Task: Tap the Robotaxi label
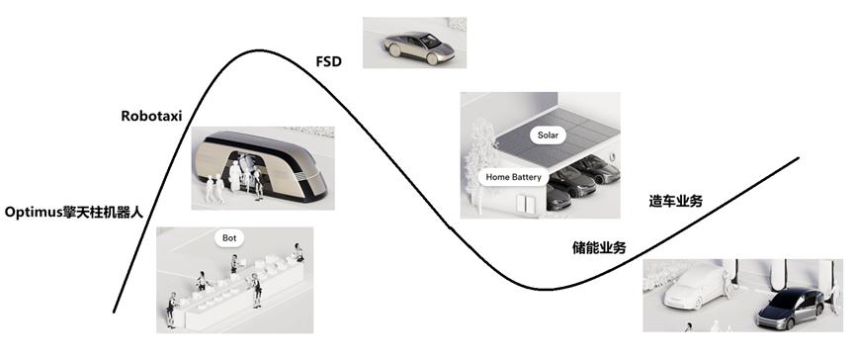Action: (x=154, y=115)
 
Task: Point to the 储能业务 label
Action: (x=599, y=247)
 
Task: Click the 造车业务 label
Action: (x=676, y=201)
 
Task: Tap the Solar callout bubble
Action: (x=548, y=134)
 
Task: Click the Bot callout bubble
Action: (x=229, y=238)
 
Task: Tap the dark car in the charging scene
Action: (x=789, y=310)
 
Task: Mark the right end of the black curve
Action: (x=798, y=158)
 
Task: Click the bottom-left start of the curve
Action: (x=115, y=313)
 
